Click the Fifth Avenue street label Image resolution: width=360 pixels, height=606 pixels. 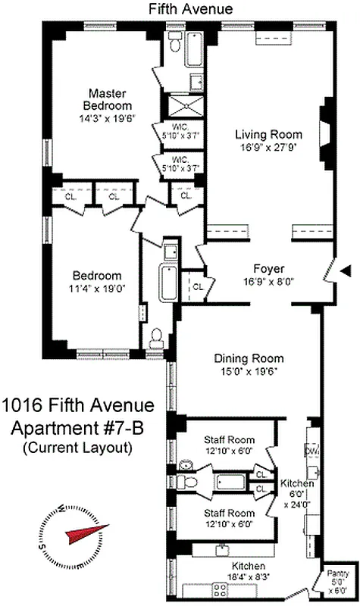click(180, 8)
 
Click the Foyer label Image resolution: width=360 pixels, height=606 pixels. click(268, 269)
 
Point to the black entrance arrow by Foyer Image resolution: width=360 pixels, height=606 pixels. click(345, 270)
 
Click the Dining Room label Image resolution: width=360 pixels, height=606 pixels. click(248, 358)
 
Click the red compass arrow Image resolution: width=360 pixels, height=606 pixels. click(81, 534)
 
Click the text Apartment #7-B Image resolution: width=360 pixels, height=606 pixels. click(79, 427)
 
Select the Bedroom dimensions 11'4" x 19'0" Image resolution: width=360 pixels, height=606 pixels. click(96, 289)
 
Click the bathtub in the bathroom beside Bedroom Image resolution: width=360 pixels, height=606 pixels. click(167, 285)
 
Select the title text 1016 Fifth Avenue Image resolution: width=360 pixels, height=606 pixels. click(78, 406)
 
